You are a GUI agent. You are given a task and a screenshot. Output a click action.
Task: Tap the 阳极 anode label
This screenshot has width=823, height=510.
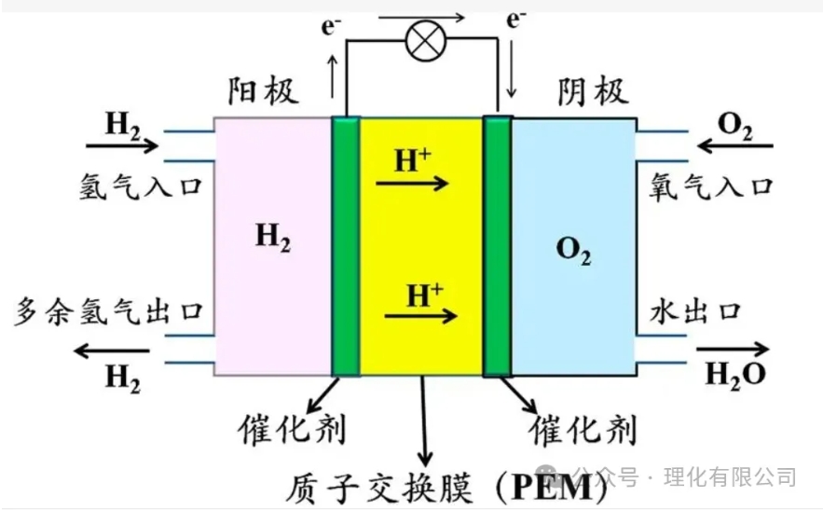pos(264,91)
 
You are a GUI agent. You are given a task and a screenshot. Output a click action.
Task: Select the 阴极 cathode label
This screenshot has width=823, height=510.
pos(593,91)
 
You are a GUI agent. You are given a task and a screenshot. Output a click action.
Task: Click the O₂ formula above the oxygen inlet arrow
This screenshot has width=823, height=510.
pos(735,124)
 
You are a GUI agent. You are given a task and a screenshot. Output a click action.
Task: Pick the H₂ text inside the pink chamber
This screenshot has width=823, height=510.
pos(273,240)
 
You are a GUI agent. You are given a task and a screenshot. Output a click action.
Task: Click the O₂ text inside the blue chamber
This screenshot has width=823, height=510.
pos(573,250)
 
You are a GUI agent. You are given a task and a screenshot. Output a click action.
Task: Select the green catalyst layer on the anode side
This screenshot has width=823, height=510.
pos(346,246)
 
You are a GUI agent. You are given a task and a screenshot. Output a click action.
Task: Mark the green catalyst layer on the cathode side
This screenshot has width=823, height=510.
pos(498,246)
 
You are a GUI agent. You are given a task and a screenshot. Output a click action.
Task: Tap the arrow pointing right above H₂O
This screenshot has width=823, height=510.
pos(733,351)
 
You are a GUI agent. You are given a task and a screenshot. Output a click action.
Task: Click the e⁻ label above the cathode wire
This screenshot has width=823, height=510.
pos(514,20)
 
